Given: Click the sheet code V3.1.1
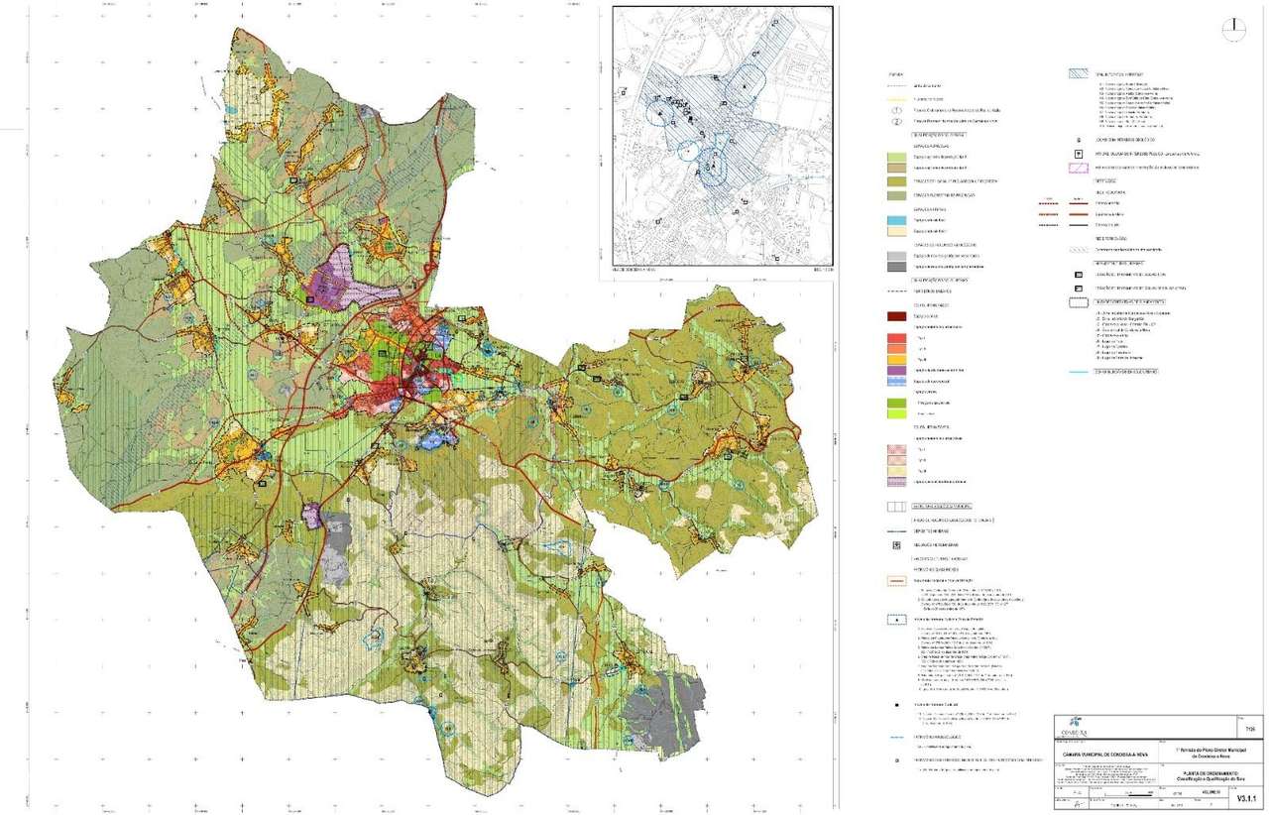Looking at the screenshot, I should coord(1246,796).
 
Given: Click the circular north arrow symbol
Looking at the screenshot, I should coord(1234,29).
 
